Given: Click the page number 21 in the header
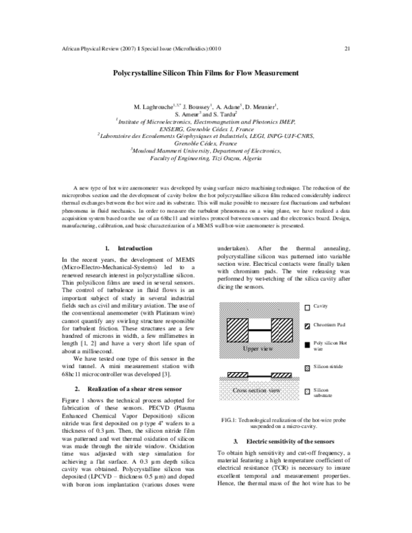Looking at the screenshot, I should (x=347, y=49).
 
